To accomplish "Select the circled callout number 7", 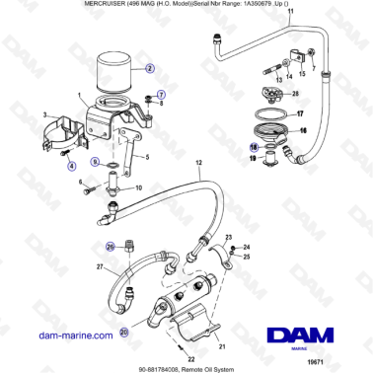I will (x=161, y=94).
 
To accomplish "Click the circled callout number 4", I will (x=44, y=167).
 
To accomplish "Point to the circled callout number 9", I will (x=95, y=161).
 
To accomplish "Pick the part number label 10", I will (x=137, y=186).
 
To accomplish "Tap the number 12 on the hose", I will (x=197, y=161).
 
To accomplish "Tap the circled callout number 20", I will (x=123, y=305).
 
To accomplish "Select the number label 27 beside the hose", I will (x=99, y=266).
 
